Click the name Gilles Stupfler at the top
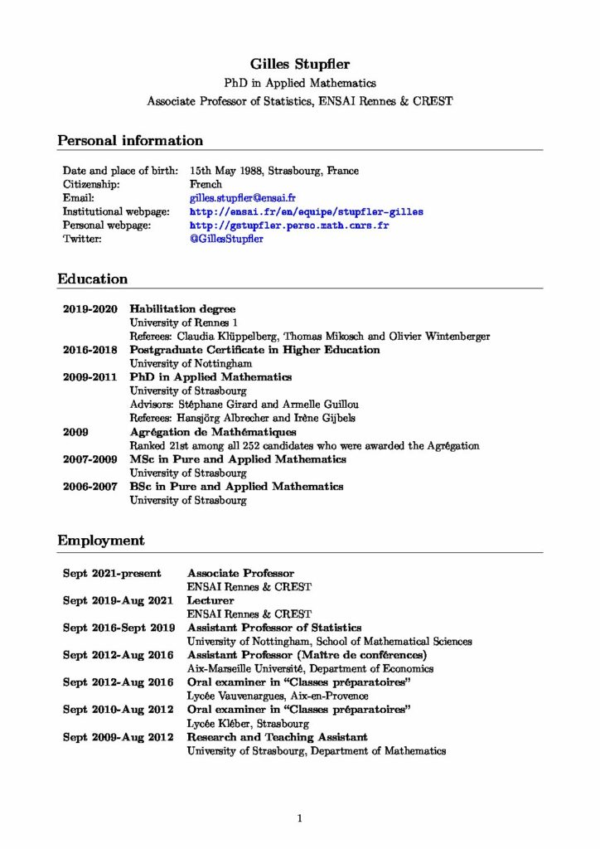coord(299,64)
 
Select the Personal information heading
coord(129,140)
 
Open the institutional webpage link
coord(306,211)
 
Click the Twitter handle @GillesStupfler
coord(226,239)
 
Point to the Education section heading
coord(92,279)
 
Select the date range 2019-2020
coord(90,308)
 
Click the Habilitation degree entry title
coord(182,308)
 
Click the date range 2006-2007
coord(90,487)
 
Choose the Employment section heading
coord(100,541)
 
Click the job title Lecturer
coord(210,600)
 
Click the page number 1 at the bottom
coord(300,818)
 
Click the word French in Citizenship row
coord(206,184)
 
